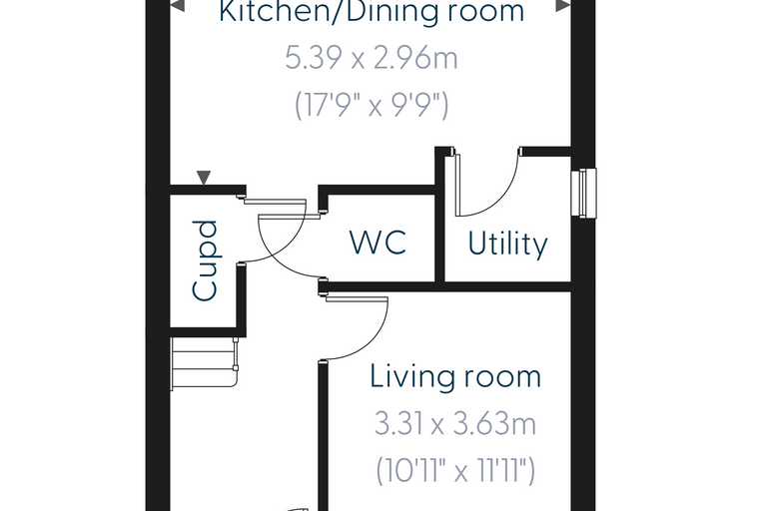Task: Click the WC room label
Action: tap(378, 243)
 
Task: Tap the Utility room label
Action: tap(507, 244)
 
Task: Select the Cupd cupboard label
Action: tap(206, 260)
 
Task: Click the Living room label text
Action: tap(455, 376)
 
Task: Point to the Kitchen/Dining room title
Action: tap(372, 12)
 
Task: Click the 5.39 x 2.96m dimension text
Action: tap(372, 58)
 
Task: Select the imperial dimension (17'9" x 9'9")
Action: tap(372, 105)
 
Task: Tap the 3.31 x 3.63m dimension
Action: tap(455, 424)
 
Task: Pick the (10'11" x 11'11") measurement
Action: tap(455, 470)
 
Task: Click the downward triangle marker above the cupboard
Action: tap(204, 177)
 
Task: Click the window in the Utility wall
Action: tap(583, 192)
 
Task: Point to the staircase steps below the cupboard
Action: tap(204, 363)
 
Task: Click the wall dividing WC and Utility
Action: tap(439, 215)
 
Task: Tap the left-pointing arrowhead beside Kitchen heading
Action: tap(177, 6)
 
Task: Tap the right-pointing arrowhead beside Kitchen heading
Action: tap(563, 6)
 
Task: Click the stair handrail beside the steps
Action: tap(236, 362)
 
